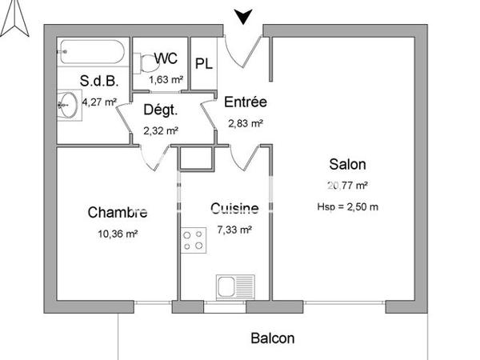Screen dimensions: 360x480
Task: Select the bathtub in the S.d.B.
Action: (91, 54)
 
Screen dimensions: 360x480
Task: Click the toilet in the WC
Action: (145, 62)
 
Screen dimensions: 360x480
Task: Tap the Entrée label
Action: (245, 102)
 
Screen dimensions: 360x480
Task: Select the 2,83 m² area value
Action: (245, 123)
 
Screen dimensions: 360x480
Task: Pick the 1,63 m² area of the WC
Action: (166, 79)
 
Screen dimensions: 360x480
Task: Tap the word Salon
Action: (347, 165)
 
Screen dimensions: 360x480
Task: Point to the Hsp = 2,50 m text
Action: (347, 206)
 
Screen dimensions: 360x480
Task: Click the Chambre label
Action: (118, 212)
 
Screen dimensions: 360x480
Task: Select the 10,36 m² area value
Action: (118, 234)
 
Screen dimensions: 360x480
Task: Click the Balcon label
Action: (272, 338)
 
